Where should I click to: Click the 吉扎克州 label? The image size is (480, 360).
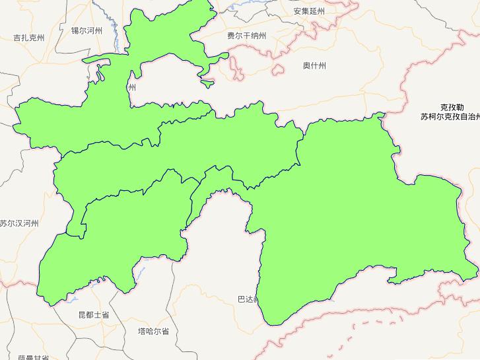(29, 38)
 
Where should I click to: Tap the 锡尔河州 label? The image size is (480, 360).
(86, 30)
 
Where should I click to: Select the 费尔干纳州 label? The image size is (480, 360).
(246, 36)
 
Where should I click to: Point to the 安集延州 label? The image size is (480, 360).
(310, 11)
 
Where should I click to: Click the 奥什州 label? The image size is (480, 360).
(314, 65)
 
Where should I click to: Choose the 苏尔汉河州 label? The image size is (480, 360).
(19, 224)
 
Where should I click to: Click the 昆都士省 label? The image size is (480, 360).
(93, 315)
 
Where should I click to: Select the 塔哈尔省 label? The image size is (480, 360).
(153, 331)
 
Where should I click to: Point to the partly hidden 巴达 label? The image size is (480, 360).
(245, 299)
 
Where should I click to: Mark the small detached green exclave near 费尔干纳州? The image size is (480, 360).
(207, 84)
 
